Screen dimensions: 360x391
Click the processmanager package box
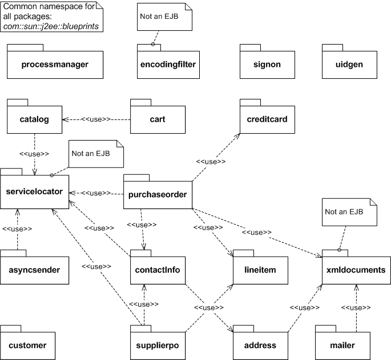click(x=55, y=64)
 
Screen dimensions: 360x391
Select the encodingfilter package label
click(x=168, y=64)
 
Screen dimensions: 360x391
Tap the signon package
click(x=267, y=64)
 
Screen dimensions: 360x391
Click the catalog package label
click(x=34, y=119)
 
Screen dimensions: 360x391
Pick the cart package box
click(x=158, y=119)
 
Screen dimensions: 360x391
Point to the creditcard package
click(x=267, y=119)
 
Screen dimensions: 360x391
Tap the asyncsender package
click(x=34, y=267)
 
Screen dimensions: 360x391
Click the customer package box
click(x=28, y=345)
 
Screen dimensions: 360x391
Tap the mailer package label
click(x=342, y=345)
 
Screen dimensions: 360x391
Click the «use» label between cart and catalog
click(x=95, y=119)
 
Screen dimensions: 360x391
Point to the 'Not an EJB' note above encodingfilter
click(x=165, y=17)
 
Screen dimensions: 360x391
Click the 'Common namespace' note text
click(x=53, y=16)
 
